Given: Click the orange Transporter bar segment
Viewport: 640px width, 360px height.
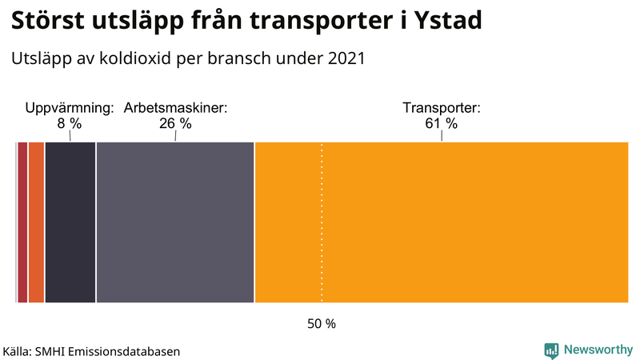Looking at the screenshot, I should pos(441,222).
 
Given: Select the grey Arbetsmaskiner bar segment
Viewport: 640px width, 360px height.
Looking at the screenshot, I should pos(174,222).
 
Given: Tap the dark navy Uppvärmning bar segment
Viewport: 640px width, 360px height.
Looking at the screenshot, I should pos(70,222).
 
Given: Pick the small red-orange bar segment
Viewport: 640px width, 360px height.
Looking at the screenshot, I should pos(36,222).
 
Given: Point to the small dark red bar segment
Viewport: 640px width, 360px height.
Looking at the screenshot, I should pos(22,222).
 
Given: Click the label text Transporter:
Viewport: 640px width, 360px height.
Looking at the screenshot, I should pos(441,108).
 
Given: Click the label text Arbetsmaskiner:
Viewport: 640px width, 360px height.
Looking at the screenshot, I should pos(175,108).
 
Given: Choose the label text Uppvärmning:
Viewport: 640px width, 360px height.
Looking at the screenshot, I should pos(70,108).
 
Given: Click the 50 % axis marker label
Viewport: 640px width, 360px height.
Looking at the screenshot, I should pos(322,324).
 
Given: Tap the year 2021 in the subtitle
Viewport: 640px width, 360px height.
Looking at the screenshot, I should pos(345,58).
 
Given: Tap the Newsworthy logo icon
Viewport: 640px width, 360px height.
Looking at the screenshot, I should pos(551,350).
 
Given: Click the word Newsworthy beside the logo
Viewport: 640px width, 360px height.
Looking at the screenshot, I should pos(598,350).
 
